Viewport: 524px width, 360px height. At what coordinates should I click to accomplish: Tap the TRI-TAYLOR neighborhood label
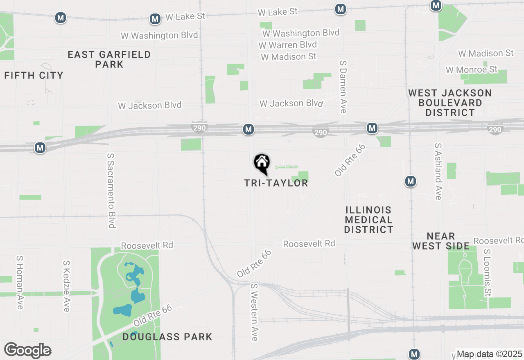[x=276, y=183]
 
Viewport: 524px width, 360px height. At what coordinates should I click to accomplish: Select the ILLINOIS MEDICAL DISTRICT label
[x=368, y=220]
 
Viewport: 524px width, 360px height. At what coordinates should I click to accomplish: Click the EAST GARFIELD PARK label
[x=109, y=59]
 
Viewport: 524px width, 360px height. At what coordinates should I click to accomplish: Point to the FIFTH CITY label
[x=34, y=75]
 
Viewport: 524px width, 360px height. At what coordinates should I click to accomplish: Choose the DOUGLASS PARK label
[x=167, y=337]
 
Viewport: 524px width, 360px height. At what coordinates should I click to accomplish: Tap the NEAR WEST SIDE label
[x=441, y=241]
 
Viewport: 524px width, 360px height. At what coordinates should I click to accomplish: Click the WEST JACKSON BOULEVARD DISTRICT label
[x=450, y=103]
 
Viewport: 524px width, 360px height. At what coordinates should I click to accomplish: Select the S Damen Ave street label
[x=343, y=87]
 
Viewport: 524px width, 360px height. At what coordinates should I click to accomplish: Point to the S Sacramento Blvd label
[x=111, y=191]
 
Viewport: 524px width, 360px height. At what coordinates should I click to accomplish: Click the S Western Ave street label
[x=255, y=312]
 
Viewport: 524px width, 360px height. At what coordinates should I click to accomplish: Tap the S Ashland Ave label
[x=438, y=171]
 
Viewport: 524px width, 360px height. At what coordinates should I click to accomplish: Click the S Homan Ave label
[x=20, y=283]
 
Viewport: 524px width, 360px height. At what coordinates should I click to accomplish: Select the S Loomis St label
[x=487, y=273]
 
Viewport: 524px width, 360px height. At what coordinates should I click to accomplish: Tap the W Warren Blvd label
[x=288, y=45]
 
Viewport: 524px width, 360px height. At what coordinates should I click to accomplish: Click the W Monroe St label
[x=472, y=70]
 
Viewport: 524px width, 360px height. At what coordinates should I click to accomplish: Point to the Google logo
[x=28, y=350]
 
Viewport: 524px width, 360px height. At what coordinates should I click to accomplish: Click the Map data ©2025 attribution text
[x=489, y=354]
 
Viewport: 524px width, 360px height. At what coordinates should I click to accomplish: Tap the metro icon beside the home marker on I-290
[x=248, y=130]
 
